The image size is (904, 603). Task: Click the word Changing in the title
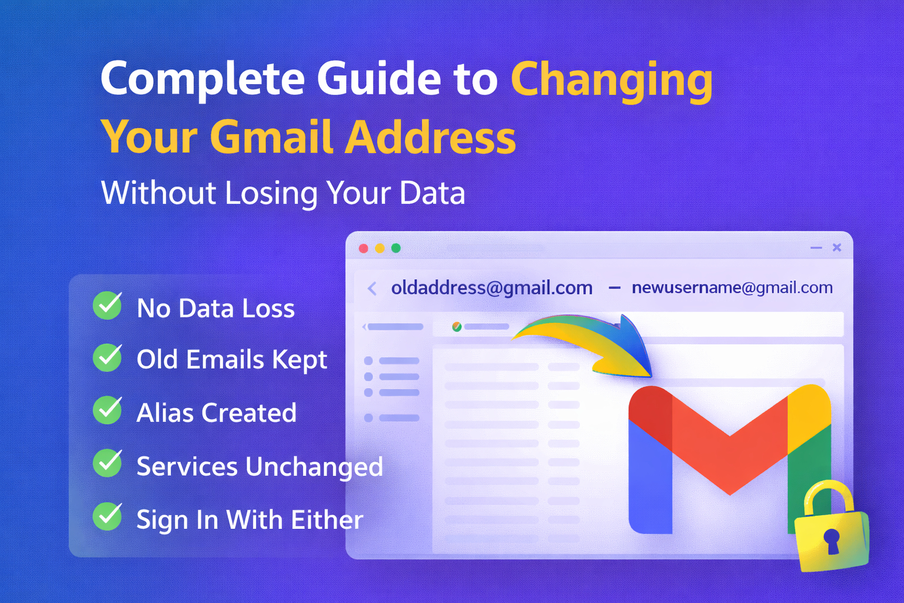[611, 79]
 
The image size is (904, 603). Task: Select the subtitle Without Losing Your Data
[283, 193]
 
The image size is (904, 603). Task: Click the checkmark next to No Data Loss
[108, 306]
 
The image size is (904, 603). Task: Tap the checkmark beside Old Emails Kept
[108, 357]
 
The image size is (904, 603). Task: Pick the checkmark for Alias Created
[108, 410]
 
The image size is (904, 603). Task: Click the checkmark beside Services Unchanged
[108, 463]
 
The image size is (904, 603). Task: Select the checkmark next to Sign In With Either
[108, 516]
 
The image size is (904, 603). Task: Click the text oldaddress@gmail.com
[491, 288]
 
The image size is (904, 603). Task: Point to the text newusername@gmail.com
[732, 288]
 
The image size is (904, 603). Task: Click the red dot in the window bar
[364, 249]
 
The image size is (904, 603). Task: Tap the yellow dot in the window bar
[380, 249]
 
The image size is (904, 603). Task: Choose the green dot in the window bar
[396, 249]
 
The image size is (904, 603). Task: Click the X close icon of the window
[837, 248]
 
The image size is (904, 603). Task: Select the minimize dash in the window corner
[816, 248]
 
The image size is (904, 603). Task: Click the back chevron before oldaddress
[372, 289]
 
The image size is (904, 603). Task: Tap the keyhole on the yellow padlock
[832, 539]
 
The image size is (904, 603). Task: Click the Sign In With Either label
[250, 520]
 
